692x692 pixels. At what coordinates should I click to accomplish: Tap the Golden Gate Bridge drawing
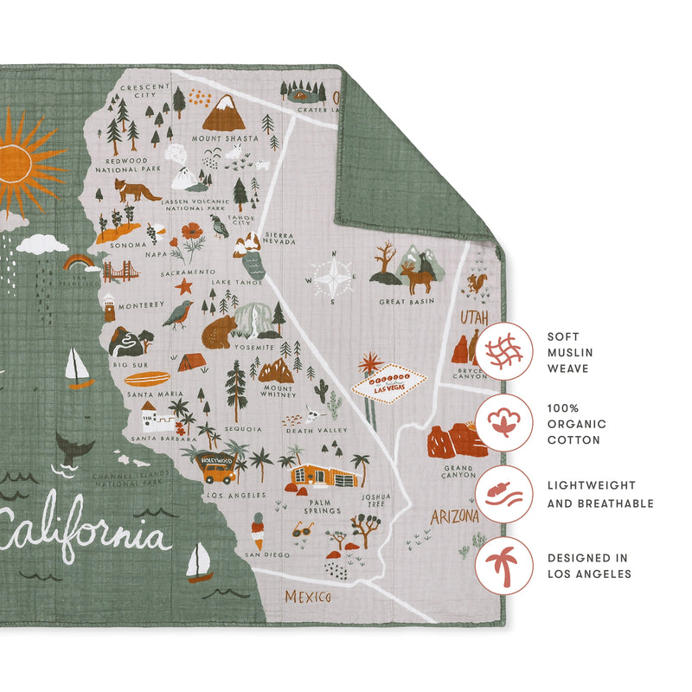(x=120, y=272)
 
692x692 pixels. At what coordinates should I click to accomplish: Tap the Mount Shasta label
(x=225, y=138)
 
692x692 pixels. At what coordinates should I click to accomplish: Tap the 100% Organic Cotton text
(x=577, y=424)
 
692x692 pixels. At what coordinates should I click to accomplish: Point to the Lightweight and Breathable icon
(x=503, y=494)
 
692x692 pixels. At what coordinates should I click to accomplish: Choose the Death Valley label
(x=317, y=430)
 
